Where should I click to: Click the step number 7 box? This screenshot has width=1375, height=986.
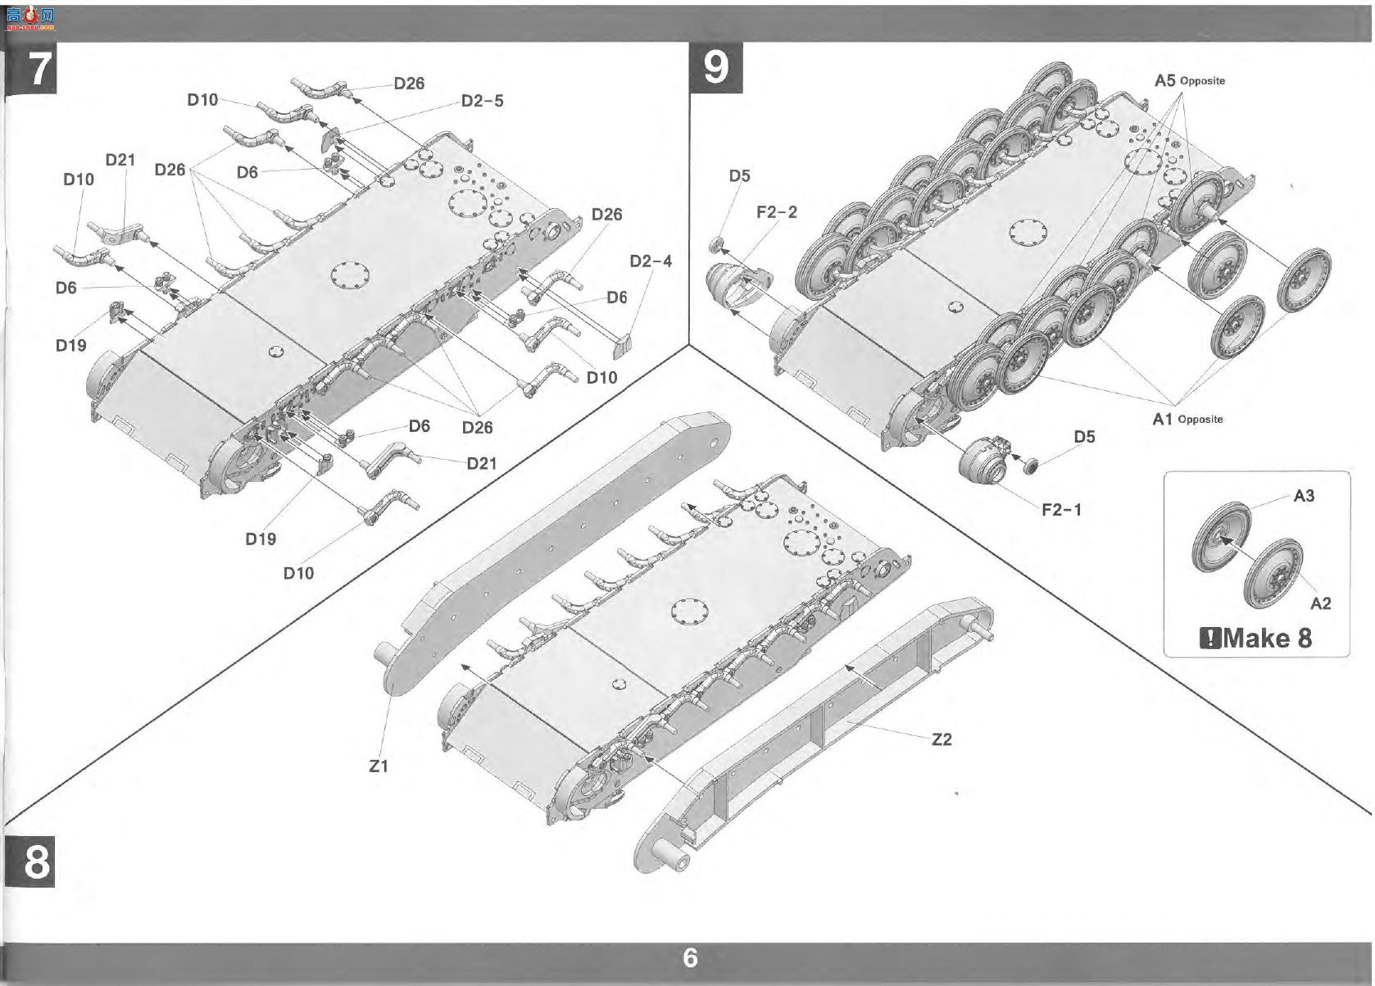[x=30, y=67]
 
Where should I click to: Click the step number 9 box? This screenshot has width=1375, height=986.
[x=716, y=67]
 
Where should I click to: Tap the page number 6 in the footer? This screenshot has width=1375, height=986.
[x=690, y=958]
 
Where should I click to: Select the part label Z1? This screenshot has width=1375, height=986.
[x=379, y=766]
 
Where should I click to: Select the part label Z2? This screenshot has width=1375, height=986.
[x=942, y=740]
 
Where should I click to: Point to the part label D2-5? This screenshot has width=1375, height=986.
[x=483, y=101]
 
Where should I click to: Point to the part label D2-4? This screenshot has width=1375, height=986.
[x=651, y=261]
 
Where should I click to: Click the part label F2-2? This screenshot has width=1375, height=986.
[x=777, y=212]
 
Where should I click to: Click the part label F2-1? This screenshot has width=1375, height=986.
[x=1062, y=510]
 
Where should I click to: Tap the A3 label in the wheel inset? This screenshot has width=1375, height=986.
[x=1304, y=495]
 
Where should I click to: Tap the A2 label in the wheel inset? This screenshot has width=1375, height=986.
[x=1321, y=603]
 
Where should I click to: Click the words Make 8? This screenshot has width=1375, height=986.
[x=1267, y=638]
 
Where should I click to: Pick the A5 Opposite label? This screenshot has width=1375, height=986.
[x=1190, y=80]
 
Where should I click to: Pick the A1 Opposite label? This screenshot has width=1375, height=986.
[x=1187, y=420]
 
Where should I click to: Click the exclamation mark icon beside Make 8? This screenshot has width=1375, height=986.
[x=1209, y=639]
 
